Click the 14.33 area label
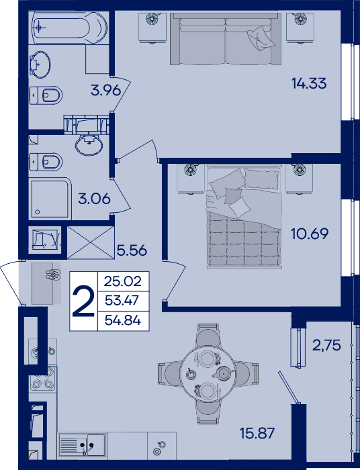point(309,83)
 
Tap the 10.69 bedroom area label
point(310,234)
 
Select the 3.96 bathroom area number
point(106,90)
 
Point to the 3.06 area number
point(94,199)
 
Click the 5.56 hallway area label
point(132,250)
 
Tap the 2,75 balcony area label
point(326,345)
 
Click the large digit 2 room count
point(84,301)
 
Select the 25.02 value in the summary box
point(123,281)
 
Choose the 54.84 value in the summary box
point(123,321)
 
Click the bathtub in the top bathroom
point(69,28)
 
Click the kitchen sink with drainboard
point(82,445)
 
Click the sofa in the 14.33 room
point(226,39)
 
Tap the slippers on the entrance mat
point(53,274)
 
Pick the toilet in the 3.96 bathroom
point(46,95)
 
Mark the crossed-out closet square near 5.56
point(91,242)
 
